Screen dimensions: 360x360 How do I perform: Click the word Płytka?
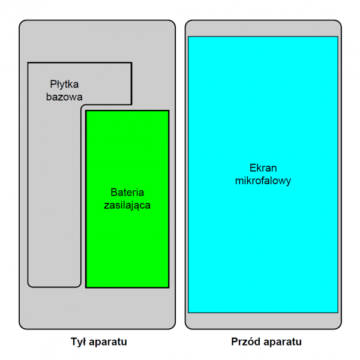click(x=64, y=85)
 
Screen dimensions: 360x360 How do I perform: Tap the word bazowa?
click(x=64, y=97)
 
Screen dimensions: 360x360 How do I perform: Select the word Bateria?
click(x=127, y=192)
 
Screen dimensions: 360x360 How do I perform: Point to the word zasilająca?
click(x=127, y=205)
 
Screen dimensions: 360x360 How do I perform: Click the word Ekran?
click(x=263, y=168)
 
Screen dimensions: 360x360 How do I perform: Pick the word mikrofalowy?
click(x=263, y=181)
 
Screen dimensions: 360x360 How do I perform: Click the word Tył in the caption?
click(x=78, y=341)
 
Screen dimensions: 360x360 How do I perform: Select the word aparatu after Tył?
click(x=108, y=342)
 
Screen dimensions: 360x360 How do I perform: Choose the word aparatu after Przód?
click(x=283, y=342)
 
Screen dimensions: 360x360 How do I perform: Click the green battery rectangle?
click(x=127, y=199)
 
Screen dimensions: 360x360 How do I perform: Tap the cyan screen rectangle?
click(x=263, y=175)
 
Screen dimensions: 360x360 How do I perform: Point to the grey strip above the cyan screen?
click(x=263, y=28)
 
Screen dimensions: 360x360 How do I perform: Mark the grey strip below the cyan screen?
click(x=263, y=321)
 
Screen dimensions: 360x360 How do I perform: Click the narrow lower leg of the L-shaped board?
click(x=55, y=195)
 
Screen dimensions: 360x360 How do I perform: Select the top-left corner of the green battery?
click(x=86, y=110)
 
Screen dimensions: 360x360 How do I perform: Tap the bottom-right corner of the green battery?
click(x=169, y=287)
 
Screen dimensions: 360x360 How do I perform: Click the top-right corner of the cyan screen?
click(x=338, y=37)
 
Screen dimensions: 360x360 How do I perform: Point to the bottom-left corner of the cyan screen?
click(x=188, y=313)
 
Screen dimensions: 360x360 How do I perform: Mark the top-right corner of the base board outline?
click(x=131, y=62)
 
